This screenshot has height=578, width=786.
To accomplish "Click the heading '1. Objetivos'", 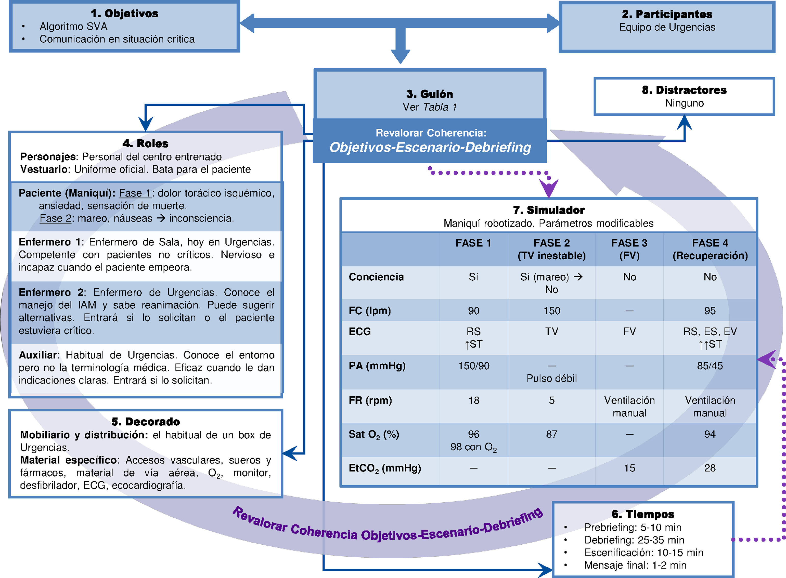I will tap(124, 14).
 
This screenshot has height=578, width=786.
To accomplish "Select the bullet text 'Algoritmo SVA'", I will tap(73, 27).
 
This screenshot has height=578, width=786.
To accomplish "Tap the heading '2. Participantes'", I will tap(667, 14).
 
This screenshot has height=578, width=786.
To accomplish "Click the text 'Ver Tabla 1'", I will tap(430, 107).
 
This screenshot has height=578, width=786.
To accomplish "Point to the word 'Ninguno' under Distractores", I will tap(684, 103).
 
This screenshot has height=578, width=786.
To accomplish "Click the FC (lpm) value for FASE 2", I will tap(551, 311).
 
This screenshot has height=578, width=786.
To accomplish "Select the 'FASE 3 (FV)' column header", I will tap(629, 249).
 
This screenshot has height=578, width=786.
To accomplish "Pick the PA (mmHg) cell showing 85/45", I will tap(710, 366).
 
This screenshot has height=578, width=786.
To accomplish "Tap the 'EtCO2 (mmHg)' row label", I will tap(385, 468).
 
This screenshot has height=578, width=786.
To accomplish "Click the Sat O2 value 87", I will tap(551, 434).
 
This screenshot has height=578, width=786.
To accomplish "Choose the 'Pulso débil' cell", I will tap(551, 378).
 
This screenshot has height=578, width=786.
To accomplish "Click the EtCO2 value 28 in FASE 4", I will tap(710, 468).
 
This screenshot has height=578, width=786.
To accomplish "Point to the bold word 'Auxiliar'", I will tap(38, 355).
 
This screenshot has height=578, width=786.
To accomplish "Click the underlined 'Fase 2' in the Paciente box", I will tap(55, 219).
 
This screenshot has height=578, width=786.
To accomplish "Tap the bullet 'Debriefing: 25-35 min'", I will tap(634, 540).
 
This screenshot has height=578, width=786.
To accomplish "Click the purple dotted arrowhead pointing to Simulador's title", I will tap(548, 189).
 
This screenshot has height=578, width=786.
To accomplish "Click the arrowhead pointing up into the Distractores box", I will tap(684, 122).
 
